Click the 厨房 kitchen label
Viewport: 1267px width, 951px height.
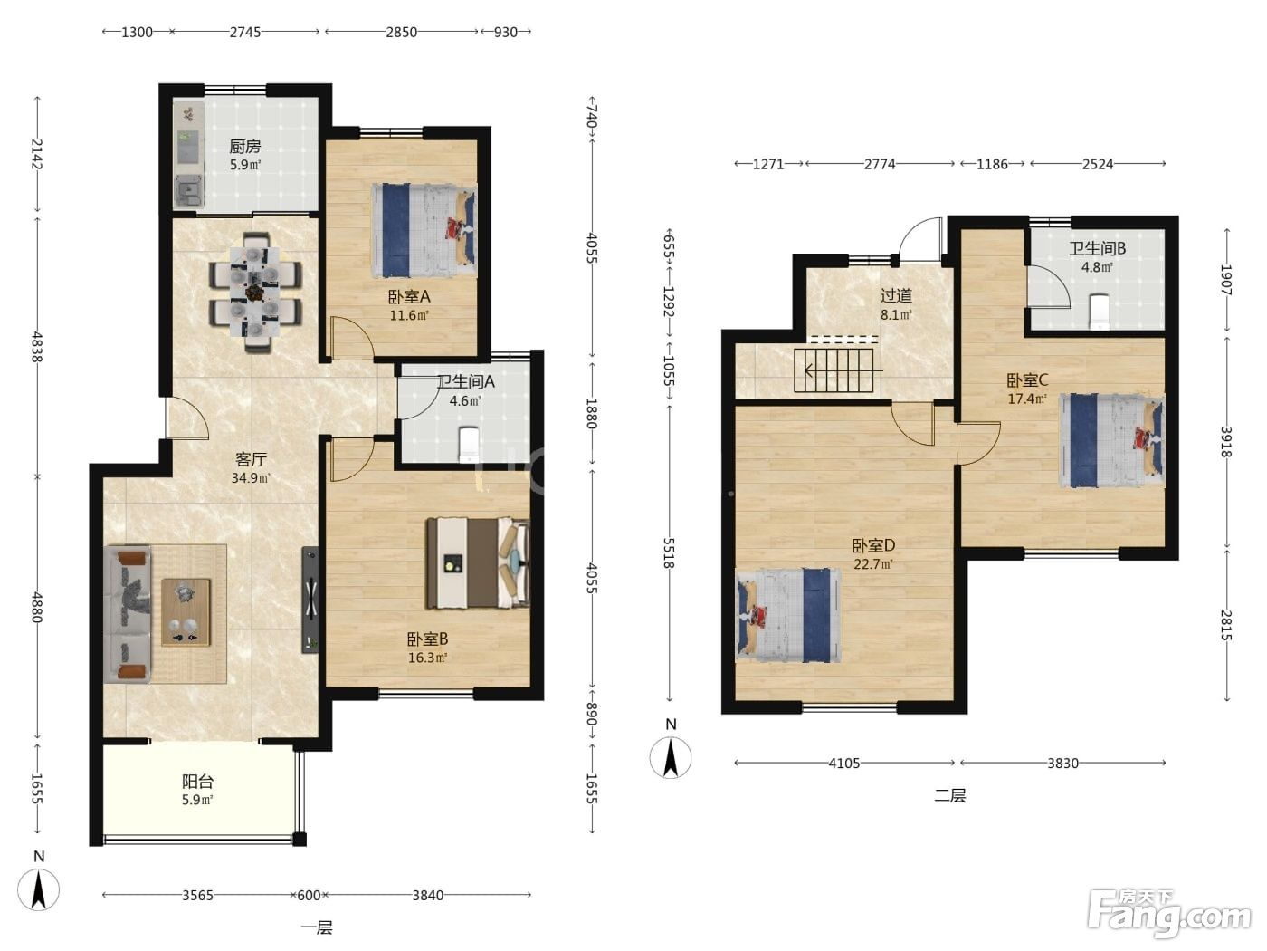[x=244, y=147]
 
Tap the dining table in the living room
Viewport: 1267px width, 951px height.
[x=254, y=293]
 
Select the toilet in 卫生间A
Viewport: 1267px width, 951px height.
[x=468, y=445]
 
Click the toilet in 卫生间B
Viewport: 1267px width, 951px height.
[x=1099, y=312]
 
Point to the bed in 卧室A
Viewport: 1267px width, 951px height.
[x=424, y=231]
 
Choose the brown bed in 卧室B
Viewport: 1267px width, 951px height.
[x=477, y=563]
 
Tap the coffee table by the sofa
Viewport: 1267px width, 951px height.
[x=186, y=612]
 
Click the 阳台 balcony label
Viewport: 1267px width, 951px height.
[x=198, y=782]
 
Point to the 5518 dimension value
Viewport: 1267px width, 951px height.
[x=669, y=553]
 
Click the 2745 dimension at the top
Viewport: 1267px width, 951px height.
[x=245, y=33]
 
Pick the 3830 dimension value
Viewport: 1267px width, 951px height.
[x=1062, y=764]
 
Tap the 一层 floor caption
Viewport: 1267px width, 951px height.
[x=317, y=927]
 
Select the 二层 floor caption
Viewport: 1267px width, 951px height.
[x=950, y=796]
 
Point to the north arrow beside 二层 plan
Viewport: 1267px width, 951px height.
[x=671, y=757]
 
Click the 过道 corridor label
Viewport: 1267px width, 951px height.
[x=896, y=295]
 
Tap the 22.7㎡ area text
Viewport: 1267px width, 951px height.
[x=873, y=564]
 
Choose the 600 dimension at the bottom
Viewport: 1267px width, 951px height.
[x=309, y=896]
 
